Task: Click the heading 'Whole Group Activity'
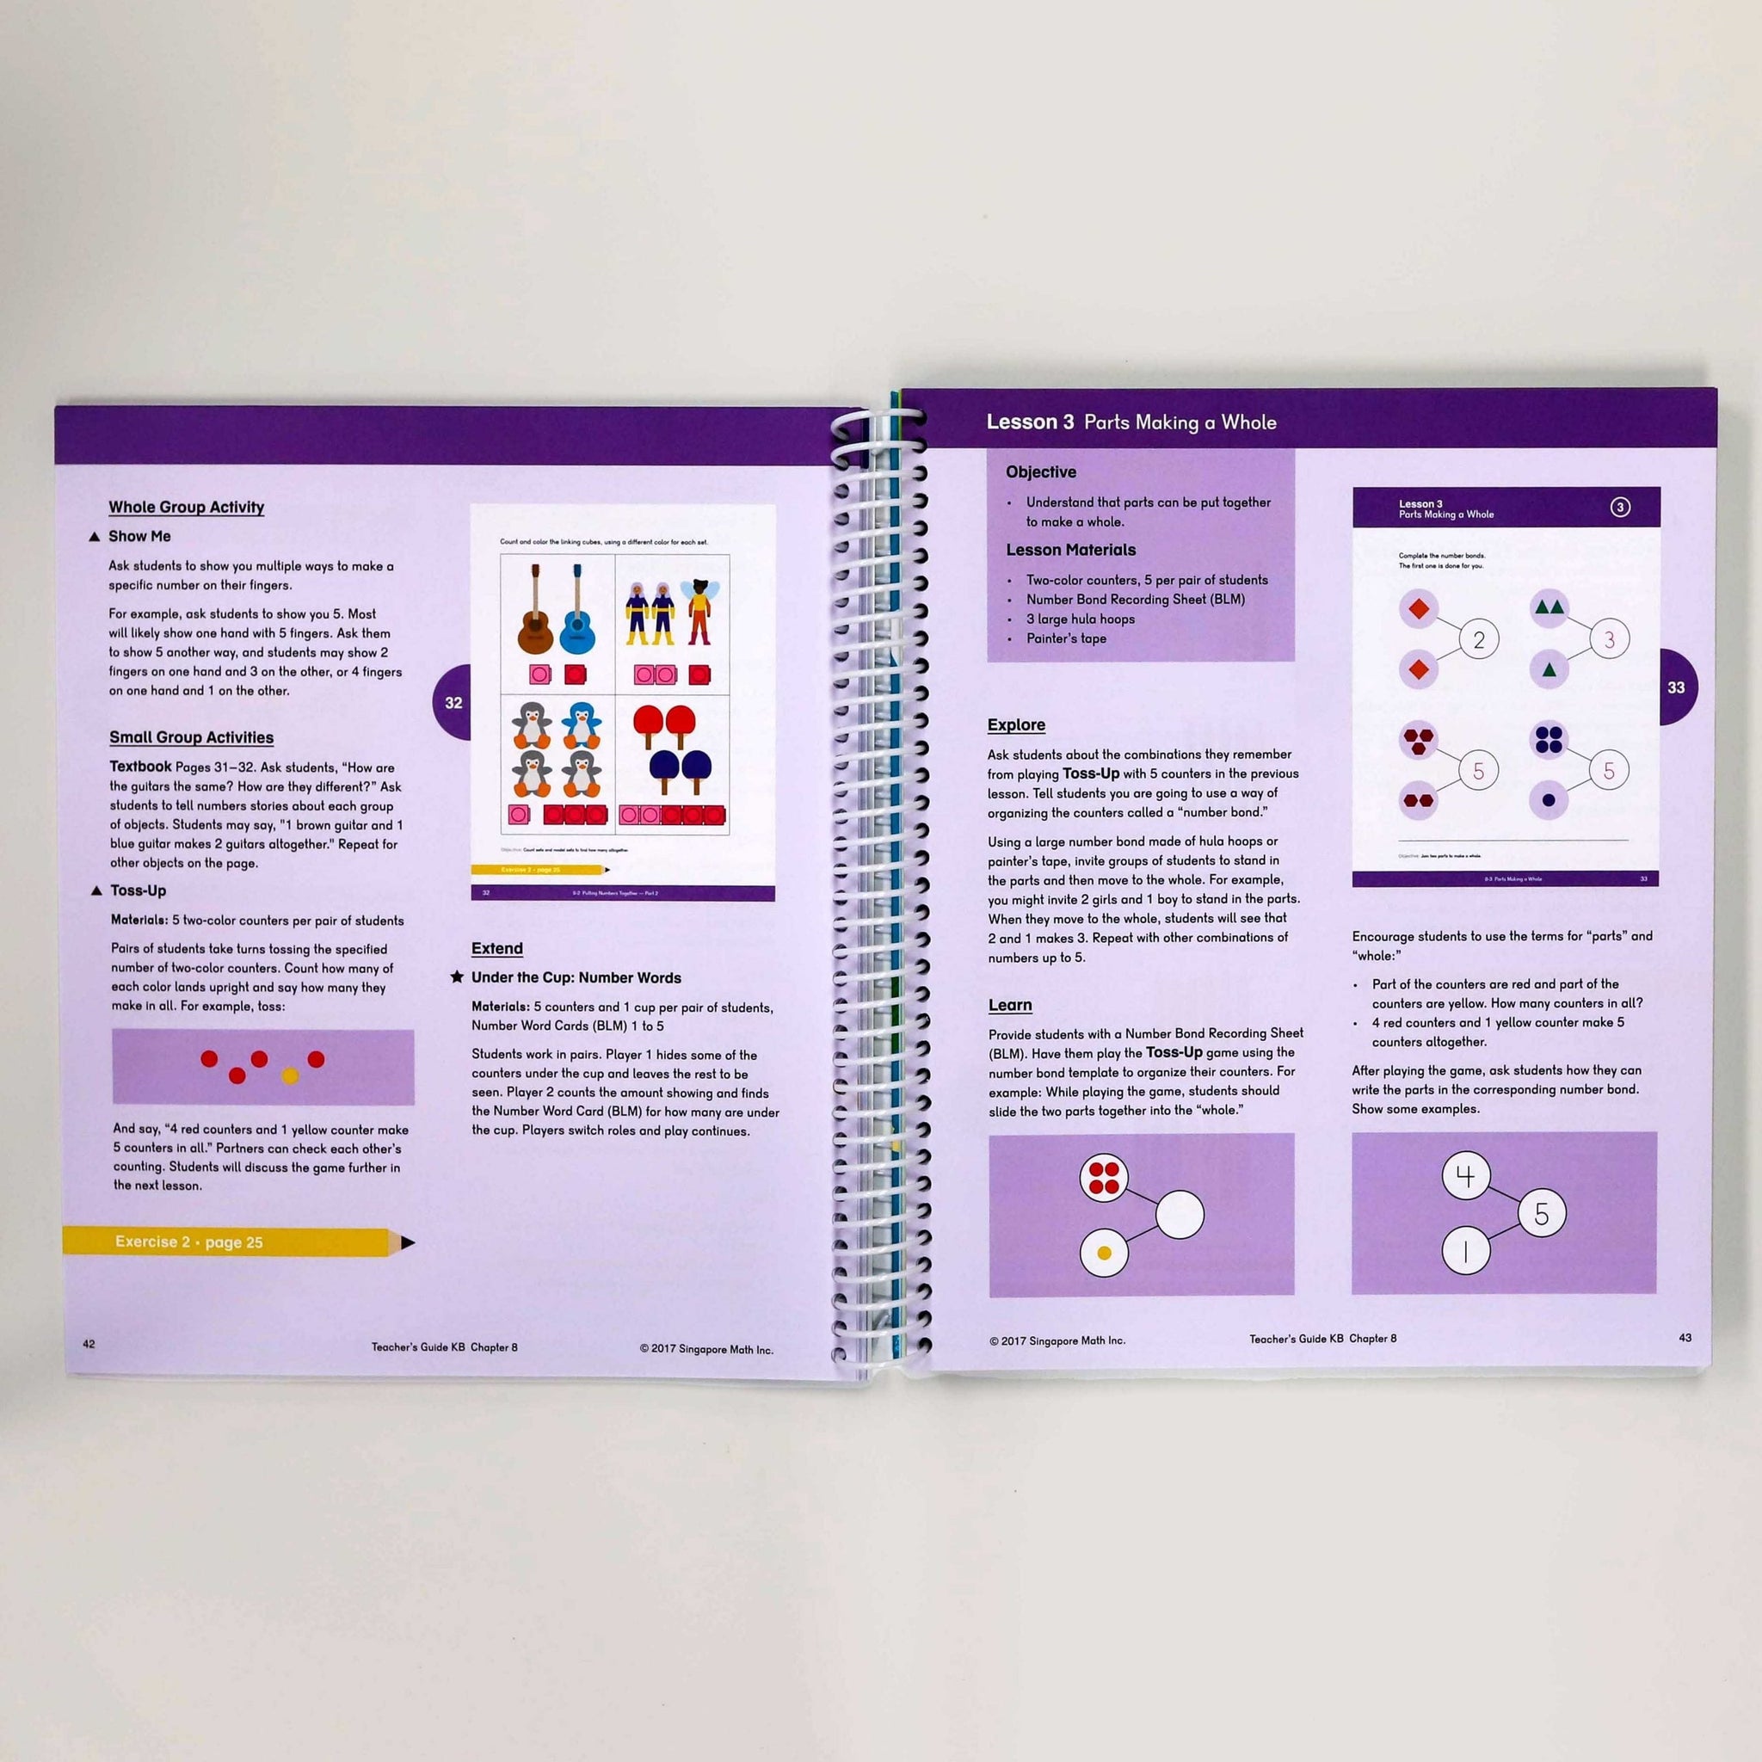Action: [x=186, y=507]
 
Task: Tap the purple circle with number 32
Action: [x=453, y=702]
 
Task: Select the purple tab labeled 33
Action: [x=1676, y=687]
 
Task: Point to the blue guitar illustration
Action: [x=576, y=610]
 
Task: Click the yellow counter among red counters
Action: [x=290, y=1076]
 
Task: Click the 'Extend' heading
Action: [x=497, y=948]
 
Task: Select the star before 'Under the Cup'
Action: [x=457, y=976]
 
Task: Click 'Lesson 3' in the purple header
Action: [x=1030, y=422]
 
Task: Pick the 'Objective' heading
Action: [x=1041, y=472]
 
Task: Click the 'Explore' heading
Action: [x=1016, y=725]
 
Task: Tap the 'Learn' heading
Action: [x=1009, y=1005]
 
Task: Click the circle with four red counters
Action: [x=1104, y=1176]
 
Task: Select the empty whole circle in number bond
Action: [x=1180, y=1215]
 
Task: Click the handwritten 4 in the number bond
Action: [x=1464, y=1176]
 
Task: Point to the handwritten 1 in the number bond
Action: [x=1464, y=1251]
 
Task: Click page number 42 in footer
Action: [x=89, y=1343]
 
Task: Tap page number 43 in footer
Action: [x=1685, y=1338]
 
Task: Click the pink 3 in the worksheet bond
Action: [x=1609, y=640]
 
